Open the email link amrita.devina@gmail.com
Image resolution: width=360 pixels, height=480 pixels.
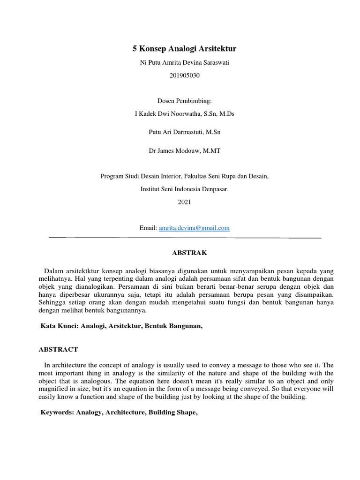(194, 228)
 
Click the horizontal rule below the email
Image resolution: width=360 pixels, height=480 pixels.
(185, 238)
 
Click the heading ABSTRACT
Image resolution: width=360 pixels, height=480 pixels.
(58, 349)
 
